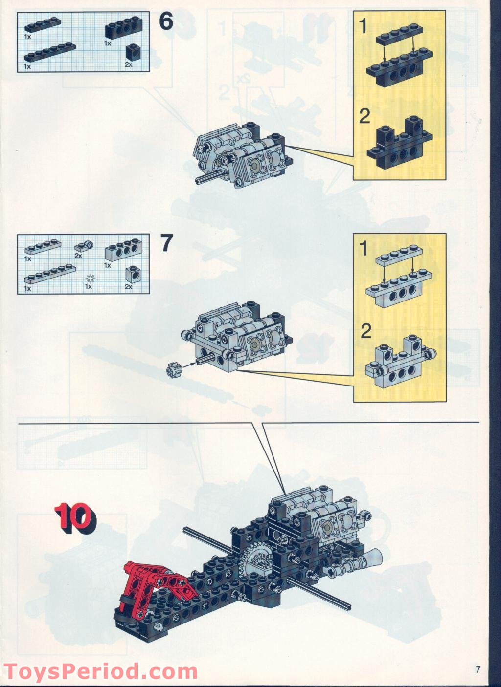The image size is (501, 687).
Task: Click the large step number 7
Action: click(x=167, y=243)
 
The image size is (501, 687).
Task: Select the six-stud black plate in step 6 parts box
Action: click(x=50, y=53)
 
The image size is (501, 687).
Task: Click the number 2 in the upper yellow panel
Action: click(x=364, y=117)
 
